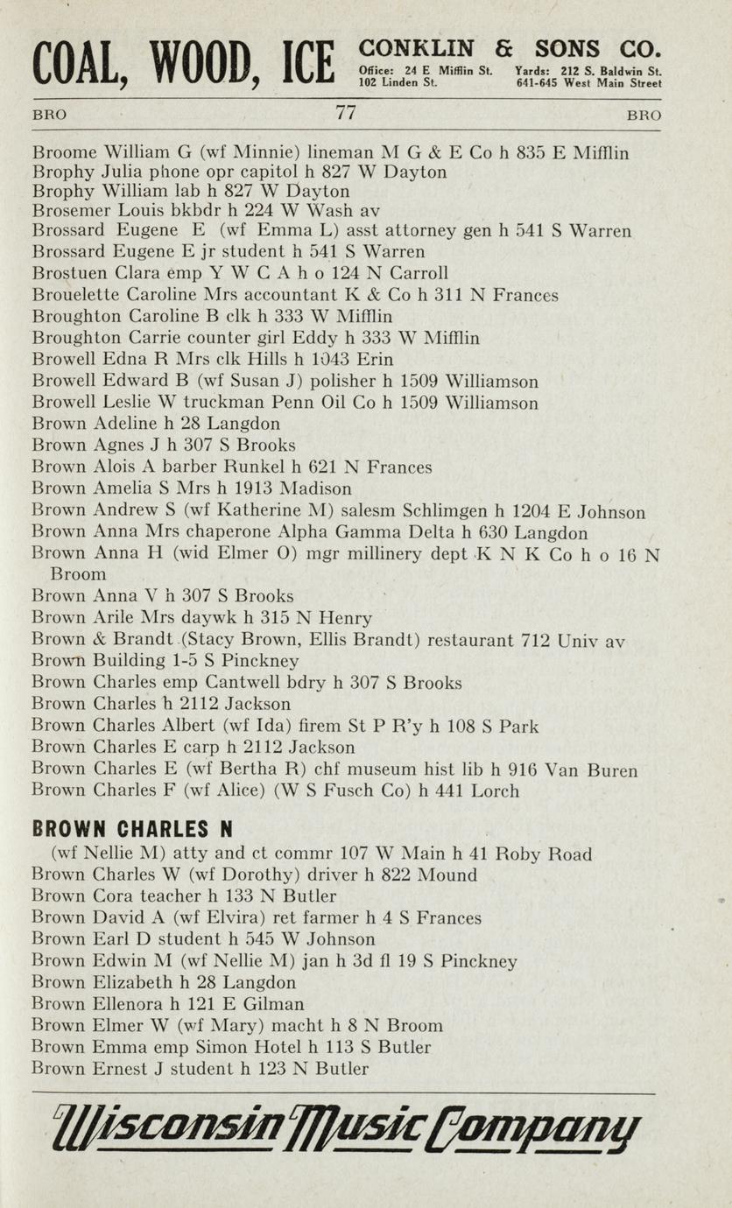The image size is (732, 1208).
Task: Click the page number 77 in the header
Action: tap(345, 113)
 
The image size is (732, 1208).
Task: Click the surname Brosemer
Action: tap(68, 210)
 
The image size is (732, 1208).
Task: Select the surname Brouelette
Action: tap(72, 296)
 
